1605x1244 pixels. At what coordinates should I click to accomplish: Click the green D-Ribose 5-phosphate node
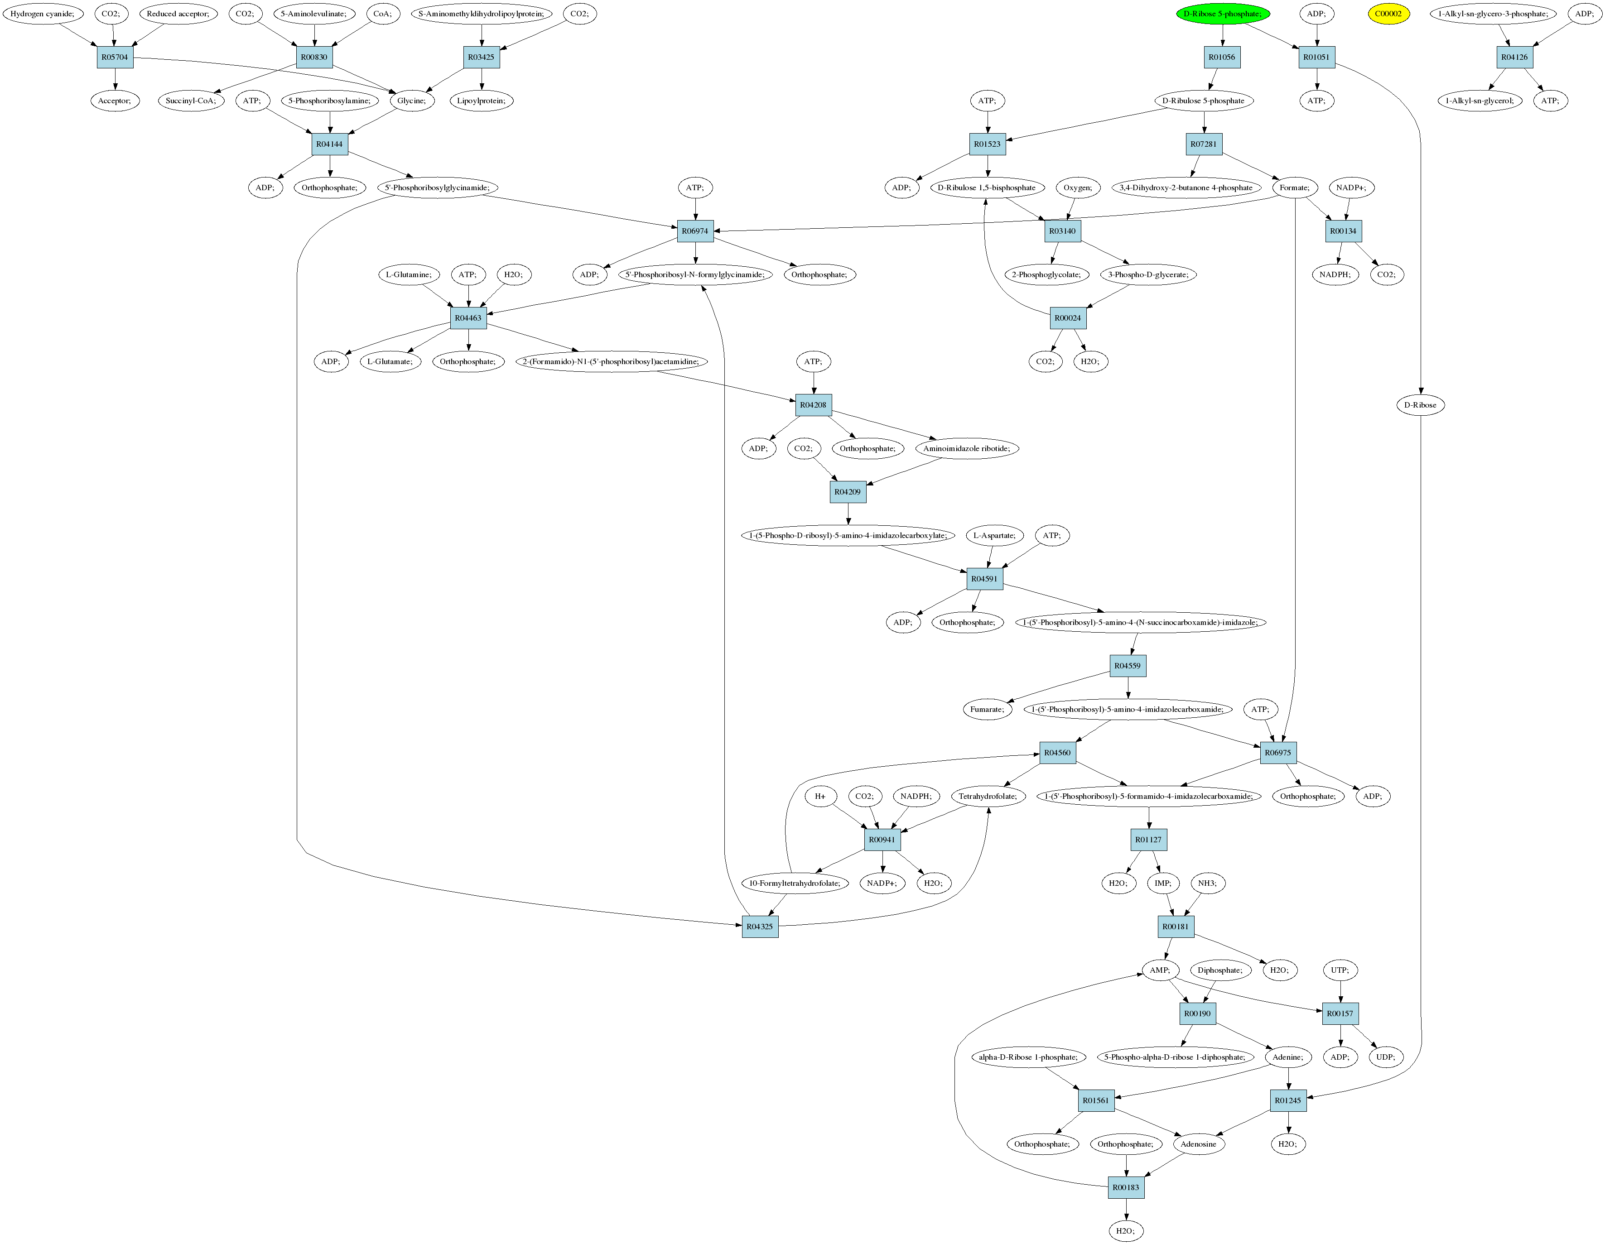[x=1222, y=14]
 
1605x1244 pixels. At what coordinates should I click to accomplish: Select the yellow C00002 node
[x=1388, y=14]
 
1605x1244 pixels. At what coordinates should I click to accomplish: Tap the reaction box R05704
[x=115, y=58]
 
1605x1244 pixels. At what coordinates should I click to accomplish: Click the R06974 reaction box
[x=694, y=231]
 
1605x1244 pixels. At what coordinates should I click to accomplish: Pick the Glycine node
[x=411, y=101]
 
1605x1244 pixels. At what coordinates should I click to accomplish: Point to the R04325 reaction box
[x=759, y=927]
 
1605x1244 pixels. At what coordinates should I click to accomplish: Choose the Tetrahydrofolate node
[x=988, y=797]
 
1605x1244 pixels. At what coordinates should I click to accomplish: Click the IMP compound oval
[x=1162, y=883]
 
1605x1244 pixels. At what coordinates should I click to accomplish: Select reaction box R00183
[x=1126, y=1187]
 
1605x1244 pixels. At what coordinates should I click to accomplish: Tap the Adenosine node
[x=1198, y=1144]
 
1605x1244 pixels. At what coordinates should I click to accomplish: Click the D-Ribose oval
[x=1420, y=405]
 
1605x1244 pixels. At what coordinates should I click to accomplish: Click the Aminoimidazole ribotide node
[x=966, y=448]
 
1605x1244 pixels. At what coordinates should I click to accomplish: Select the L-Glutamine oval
[x=409, y=275]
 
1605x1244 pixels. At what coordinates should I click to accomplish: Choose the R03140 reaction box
[x=1062, y=231]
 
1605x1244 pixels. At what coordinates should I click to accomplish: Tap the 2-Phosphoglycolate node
[x=1046, y=275]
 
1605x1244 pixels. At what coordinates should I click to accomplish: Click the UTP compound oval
[x=1340, y=970]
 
